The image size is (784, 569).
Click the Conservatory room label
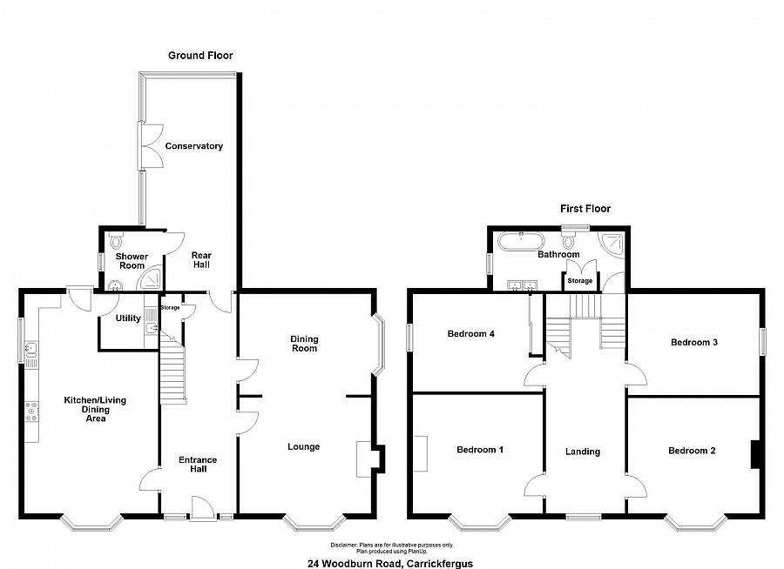coord(194,146)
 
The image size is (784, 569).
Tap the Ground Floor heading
coord(200,56)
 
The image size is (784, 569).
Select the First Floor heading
coord(585,208)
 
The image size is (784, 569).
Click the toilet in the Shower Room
coord(116,241)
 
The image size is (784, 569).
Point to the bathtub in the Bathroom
coord(521,241)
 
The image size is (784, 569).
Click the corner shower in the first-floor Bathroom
coord(613,244)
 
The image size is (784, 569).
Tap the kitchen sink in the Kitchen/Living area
coord(31,349)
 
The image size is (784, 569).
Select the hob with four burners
coord(31,412)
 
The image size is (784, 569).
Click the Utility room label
coord(128,318)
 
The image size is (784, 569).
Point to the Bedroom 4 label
coord(471,334)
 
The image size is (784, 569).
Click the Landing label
coord(583,452)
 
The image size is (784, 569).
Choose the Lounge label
coord(303,446)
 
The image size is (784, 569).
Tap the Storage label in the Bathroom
coord(580,281)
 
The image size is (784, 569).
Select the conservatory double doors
coord(151,145)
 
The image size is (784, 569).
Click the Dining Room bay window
coord(379,345)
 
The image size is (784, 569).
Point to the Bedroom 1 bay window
coord(479,523)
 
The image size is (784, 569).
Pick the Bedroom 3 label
coord(694,342)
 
